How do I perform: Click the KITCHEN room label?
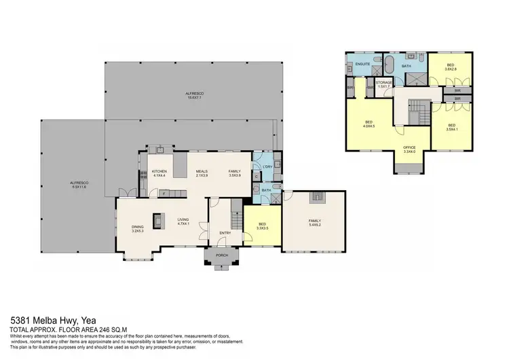tap(159, 171)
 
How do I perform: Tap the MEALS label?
tap(202, 171)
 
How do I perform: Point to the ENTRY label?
tap(225, 234)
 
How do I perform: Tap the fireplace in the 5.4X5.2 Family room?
tap(316, 197)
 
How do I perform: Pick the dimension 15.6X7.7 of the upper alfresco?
tap(196, 97)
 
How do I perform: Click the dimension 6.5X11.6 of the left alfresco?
tap(77, 187)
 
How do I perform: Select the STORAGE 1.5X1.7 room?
tap(384, 85)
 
